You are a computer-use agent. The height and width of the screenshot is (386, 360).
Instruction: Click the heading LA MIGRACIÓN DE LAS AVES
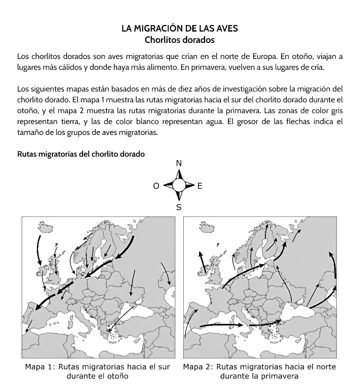[180, 28]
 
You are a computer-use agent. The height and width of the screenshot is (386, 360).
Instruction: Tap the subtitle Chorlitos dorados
[180, 40]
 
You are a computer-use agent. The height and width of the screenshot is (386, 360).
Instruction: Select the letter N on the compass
[179, 163]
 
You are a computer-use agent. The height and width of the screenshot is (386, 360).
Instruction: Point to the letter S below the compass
[179, 207]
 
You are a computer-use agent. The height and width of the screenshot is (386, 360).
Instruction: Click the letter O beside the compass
[156, 186]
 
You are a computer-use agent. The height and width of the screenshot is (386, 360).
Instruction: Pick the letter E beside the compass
[200, 186]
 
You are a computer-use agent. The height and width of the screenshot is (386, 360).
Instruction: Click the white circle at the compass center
[179, 185]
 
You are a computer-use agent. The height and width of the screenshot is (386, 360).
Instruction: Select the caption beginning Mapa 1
[98, 371]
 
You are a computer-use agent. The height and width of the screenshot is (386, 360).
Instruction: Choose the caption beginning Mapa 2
[259, 371]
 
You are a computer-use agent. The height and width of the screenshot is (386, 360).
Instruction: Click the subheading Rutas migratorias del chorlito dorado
[81, 154]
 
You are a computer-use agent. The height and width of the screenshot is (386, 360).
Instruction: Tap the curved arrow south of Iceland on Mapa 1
[38, 249]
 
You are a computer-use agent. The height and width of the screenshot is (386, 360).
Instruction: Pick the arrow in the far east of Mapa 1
[166, 273]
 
